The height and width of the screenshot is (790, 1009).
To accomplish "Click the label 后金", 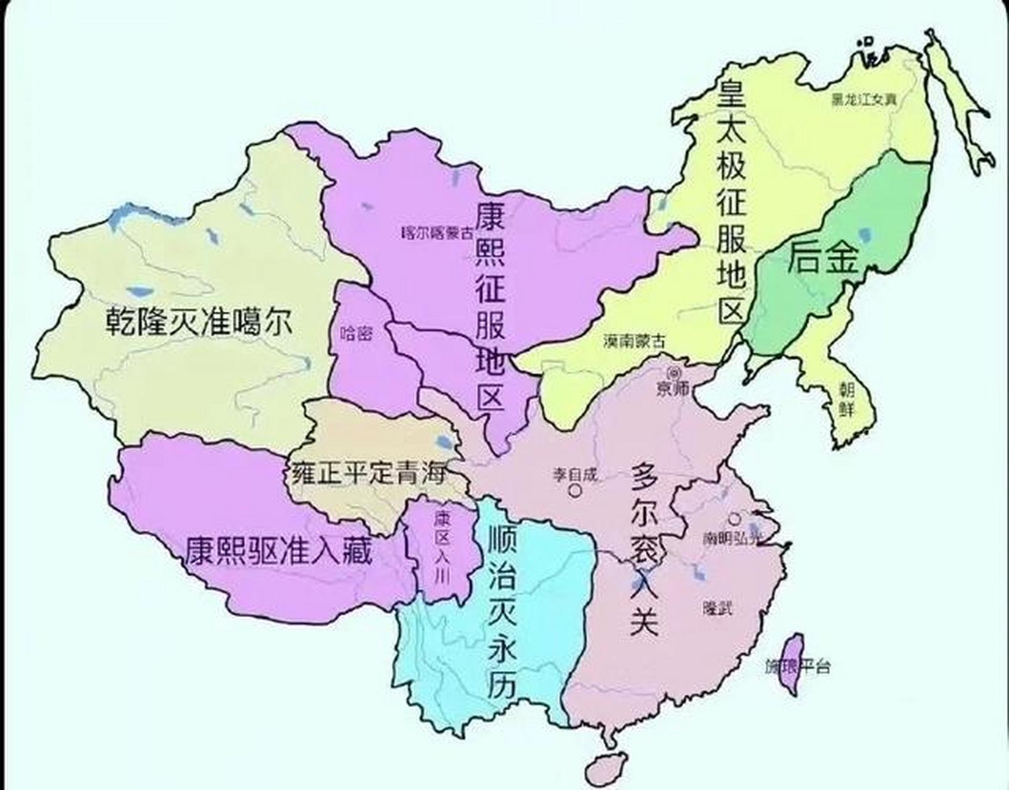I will [823, 257].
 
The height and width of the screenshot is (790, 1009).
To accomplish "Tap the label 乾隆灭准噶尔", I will [198, 321].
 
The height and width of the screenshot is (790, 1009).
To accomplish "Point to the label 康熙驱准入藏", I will [279, 551].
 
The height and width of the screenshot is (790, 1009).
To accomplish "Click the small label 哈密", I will [357, 334].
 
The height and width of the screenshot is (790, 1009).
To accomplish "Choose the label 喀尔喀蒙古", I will [438, 233].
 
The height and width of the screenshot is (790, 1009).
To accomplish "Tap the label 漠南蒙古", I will [635, 341].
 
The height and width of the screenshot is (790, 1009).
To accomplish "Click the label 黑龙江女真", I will [864, 99].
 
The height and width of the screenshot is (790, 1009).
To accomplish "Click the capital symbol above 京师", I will [673, 372].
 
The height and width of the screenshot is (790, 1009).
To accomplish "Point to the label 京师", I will [673, 389].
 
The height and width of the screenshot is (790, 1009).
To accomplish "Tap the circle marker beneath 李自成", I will [575, 491].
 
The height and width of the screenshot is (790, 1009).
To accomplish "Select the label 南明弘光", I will [733, 538].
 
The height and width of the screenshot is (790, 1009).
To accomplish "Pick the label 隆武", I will [717, 608].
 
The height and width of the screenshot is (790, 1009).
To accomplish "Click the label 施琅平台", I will [797, 667].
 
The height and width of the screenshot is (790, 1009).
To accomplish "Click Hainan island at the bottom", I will [602, 767].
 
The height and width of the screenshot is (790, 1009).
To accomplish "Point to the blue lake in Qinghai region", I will [442, 442].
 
